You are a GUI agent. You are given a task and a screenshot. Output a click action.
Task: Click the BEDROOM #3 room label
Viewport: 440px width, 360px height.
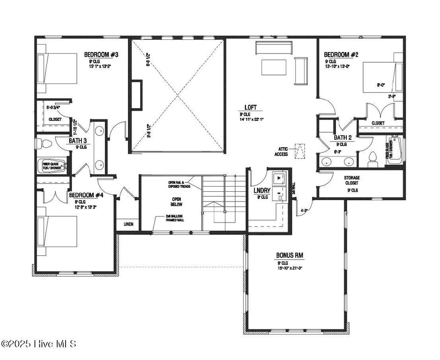pyautogui.click(x=101, y=54)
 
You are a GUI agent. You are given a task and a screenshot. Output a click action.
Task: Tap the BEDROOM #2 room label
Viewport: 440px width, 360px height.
pyautogui.click(x=341, y=54)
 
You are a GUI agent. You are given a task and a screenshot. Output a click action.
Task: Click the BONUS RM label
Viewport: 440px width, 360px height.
pyautogui.click(x=289, y=255)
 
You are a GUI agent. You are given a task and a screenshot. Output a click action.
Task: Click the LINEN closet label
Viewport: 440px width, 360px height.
pyautogui.click(x=128, y=225)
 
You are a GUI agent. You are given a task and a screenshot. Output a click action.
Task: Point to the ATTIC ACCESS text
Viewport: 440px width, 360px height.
pyautogui.click(x=281, y=151)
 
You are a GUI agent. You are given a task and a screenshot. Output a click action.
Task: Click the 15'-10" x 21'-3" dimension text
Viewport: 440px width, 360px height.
pyautogui.click(x=289, y=268)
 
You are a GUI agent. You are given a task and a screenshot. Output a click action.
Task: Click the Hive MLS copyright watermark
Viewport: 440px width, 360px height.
pyautogui.click(x=38, y=345)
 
